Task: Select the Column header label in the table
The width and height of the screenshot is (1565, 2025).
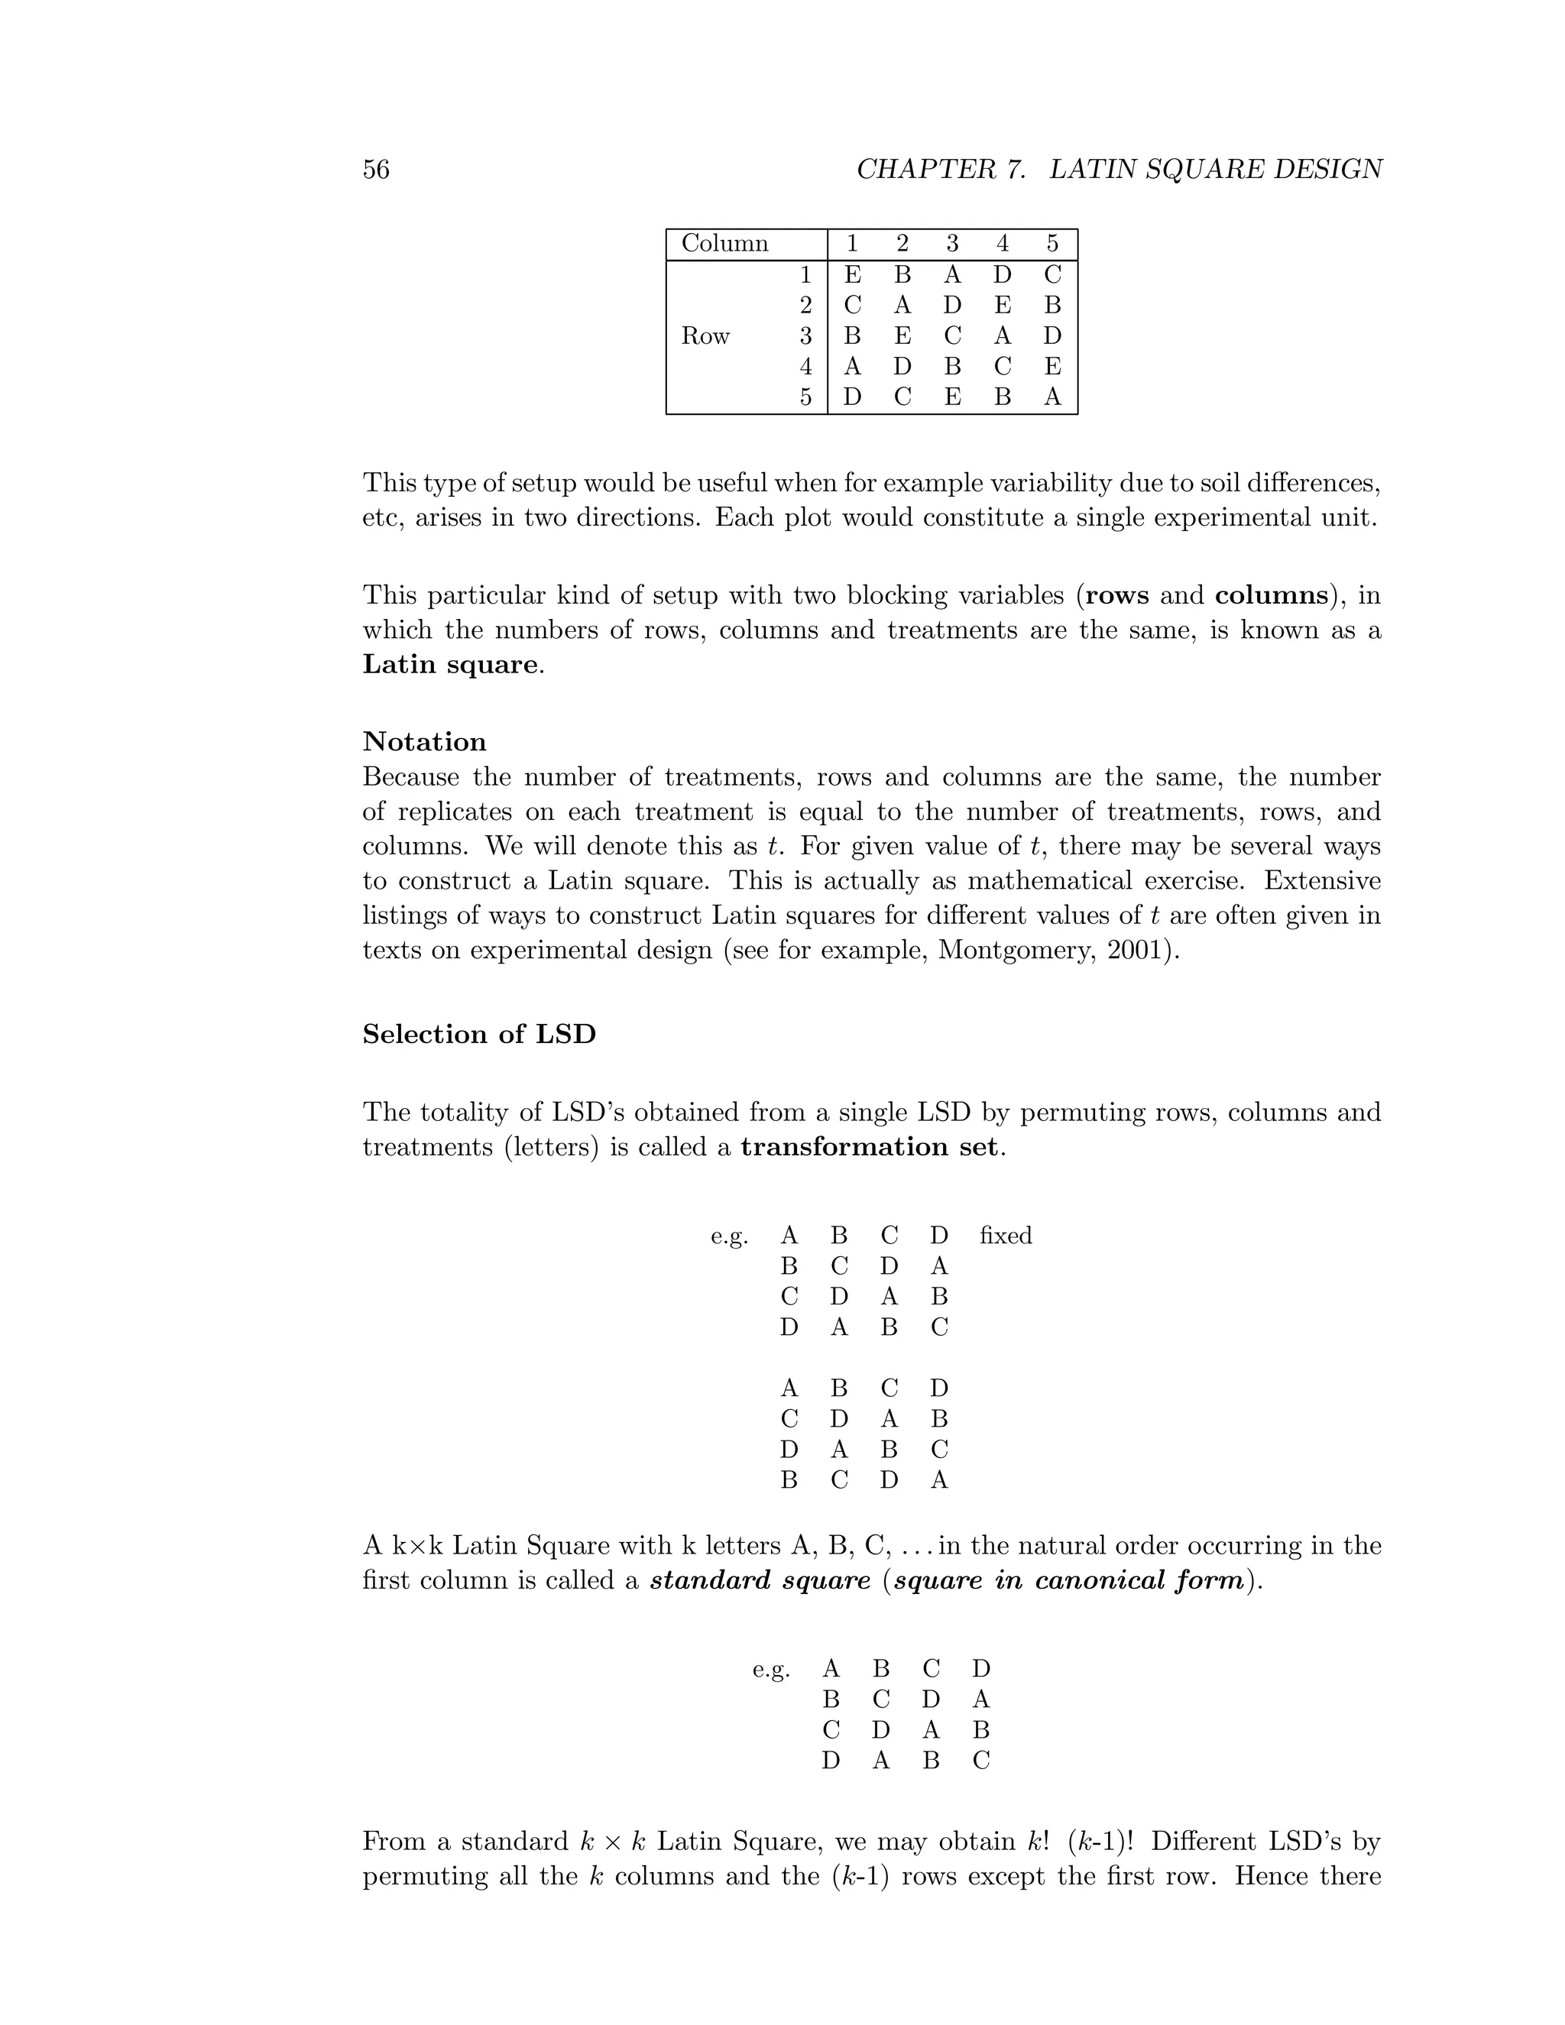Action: click(724, 244)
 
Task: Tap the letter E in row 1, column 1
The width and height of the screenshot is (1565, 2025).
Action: click(852, 275)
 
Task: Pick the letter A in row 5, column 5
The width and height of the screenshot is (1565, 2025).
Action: click(1051, 398)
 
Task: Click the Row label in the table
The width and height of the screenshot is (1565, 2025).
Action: click(705, 336)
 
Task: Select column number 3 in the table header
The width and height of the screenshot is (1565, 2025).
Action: click(952, 244)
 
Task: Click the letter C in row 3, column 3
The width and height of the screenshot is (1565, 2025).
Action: click(952, 336)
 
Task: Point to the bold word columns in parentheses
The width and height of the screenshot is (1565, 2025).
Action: click(1271, 595)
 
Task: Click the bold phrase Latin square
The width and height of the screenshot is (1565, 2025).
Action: click(449, 665)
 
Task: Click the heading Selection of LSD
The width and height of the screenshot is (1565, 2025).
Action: click(478, 1034)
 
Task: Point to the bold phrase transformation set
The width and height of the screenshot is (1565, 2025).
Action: click(870, 1147)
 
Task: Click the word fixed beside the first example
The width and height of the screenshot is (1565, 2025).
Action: click(1005, 1236)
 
